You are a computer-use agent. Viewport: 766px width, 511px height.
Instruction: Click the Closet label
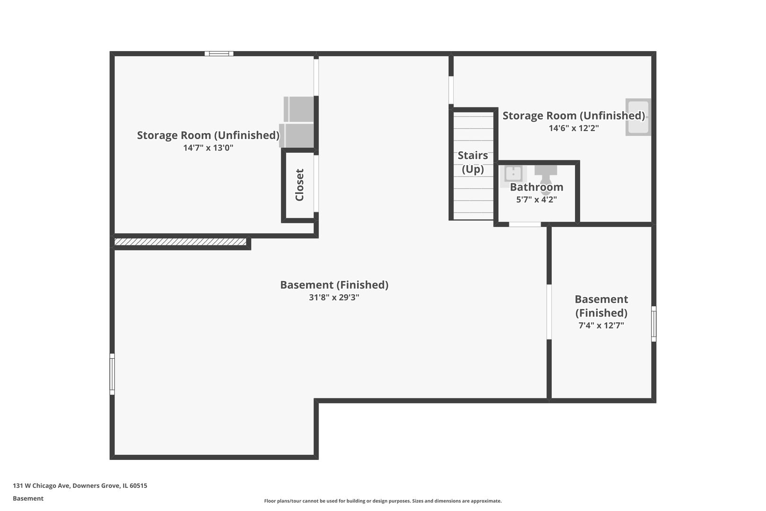[x=299, y=185]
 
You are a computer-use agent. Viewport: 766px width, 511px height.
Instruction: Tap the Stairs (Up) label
[x=472, y=162]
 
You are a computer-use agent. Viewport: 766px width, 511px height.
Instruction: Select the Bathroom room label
[x=537, y=187]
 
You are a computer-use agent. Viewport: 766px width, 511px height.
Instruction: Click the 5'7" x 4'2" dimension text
[x=537, y=200]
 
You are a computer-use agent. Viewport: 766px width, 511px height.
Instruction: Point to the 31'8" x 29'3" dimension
[x=334, y=297]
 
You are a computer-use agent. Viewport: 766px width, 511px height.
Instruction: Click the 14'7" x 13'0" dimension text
[x=208, y=148]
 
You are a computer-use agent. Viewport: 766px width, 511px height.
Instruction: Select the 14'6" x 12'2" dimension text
[x=574, y=128]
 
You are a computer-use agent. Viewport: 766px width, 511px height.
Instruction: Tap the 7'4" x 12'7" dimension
[x=601, y=325]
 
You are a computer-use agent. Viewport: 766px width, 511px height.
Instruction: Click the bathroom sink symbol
[x=513, y=175]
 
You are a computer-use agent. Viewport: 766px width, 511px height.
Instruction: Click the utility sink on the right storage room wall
[x=638, y=117]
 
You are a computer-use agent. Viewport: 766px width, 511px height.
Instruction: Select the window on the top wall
[x=219, y=53]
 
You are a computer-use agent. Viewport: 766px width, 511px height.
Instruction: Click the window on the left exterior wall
[x=112, y=374]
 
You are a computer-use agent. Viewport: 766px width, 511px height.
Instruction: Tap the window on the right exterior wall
[x=653, y=324]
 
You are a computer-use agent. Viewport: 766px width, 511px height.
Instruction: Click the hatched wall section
[x=180, y=242]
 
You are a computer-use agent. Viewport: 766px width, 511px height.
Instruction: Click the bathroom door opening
[x=524, y=225]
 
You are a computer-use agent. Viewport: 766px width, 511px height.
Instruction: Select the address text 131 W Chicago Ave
[x=42, y=485]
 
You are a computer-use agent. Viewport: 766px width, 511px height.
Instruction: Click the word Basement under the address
[x=28, y=498]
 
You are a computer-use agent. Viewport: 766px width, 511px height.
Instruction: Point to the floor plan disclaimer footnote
[x=383, y=501]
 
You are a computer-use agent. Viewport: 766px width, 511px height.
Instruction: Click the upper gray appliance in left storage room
[x=298, y=109]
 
